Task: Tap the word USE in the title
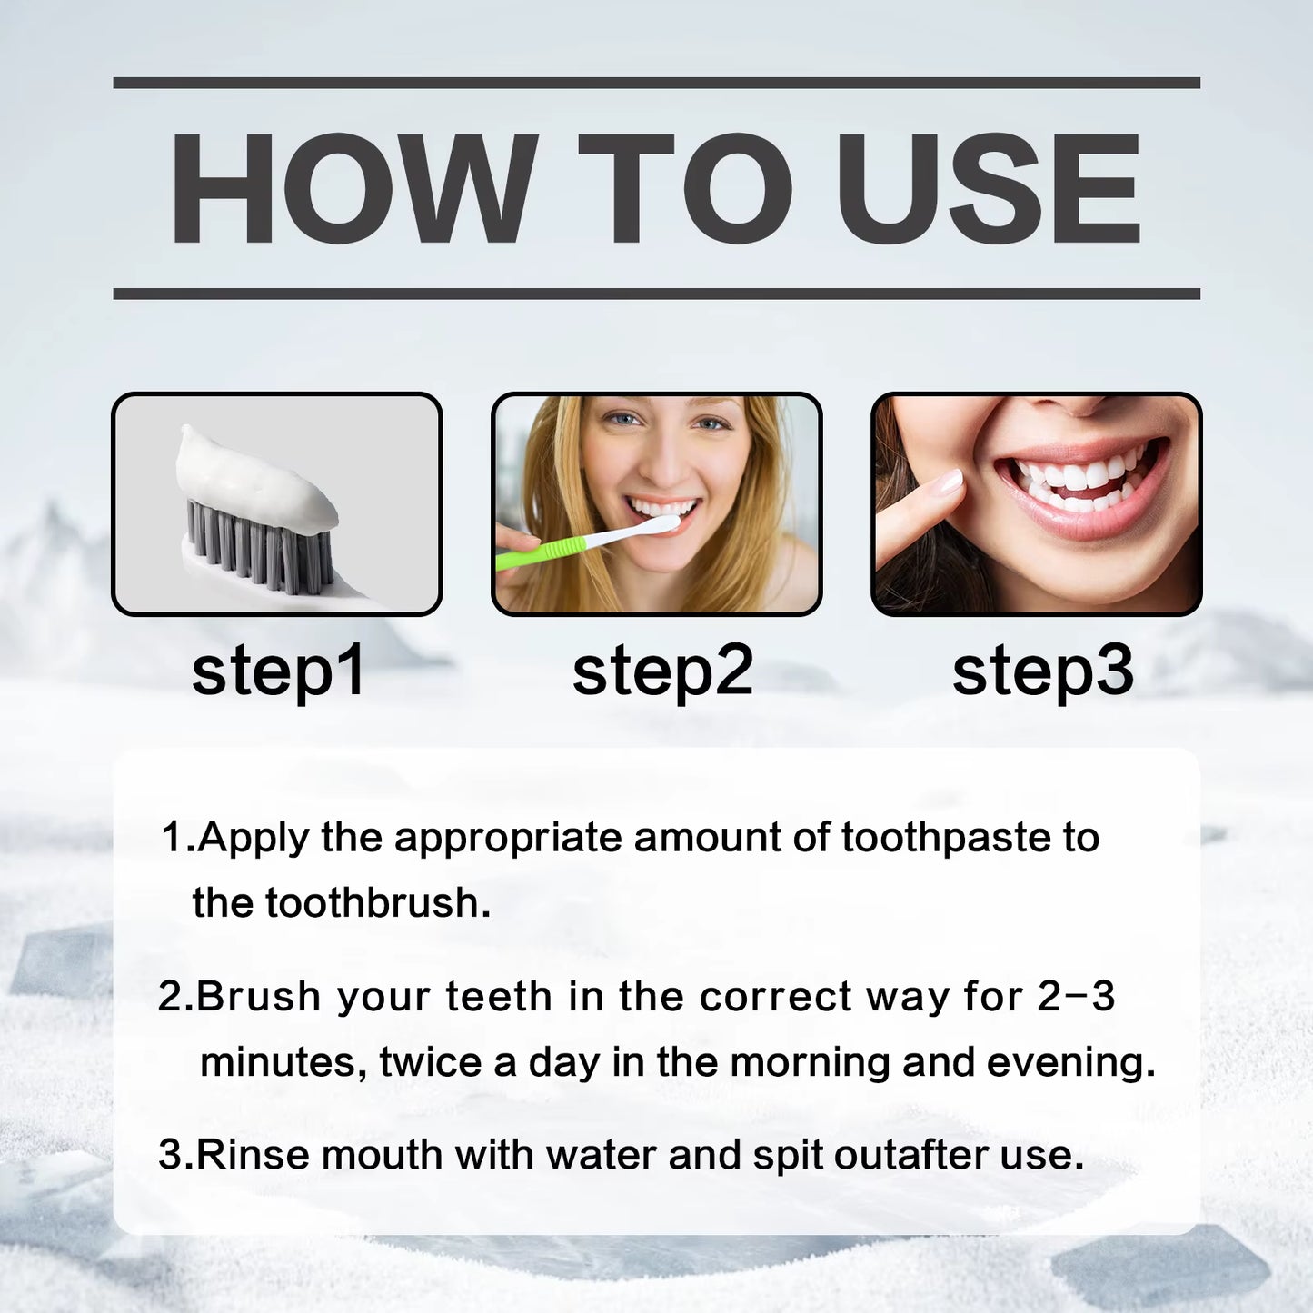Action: (x=988, y=189)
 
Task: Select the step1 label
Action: (x=278, y=671)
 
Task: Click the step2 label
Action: (x=662, y=671)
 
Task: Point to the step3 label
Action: (x=1042, y=671)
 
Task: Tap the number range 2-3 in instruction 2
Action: (x=1076, y=997)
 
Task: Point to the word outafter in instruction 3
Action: (x=911, y=1155)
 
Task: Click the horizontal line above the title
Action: (x=656, y=83)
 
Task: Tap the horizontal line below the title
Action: (x=656, y=293)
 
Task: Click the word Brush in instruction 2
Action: (x=258, y=997)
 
